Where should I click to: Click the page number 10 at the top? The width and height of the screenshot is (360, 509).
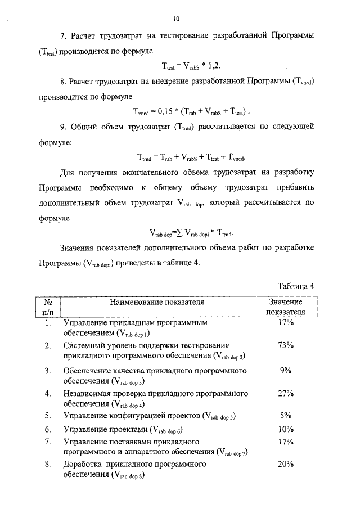tap(176, 19)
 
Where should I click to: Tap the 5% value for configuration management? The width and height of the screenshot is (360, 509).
tap(286, 416)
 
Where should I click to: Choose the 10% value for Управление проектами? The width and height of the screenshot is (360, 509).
tap(286, 429)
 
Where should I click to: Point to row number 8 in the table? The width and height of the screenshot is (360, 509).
tap(48, 465)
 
